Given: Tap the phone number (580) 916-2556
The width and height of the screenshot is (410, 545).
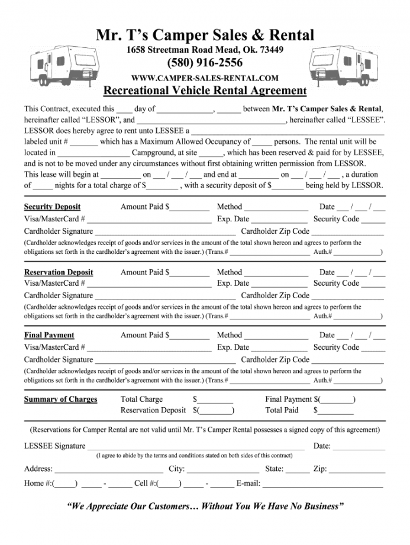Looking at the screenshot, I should (205, 63).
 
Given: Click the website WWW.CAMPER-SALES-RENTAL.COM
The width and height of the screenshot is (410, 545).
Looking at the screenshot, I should (205, 78).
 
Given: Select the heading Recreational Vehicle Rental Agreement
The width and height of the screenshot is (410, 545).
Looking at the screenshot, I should (205, 91).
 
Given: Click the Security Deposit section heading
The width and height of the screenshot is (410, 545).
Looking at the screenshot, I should (52, 207).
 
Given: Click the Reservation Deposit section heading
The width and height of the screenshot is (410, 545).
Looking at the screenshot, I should (59, 272).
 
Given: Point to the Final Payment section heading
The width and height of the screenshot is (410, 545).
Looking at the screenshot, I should (49, 335).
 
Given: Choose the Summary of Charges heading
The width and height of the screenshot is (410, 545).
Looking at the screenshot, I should (60, 399).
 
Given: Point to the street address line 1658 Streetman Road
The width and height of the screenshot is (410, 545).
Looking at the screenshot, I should (205, 50).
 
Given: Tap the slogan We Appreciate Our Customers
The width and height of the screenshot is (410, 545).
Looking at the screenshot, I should (205, 507).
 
